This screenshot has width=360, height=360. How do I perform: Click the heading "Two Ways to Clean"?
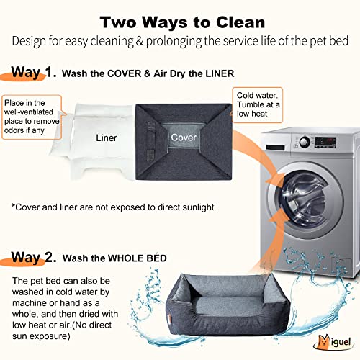pyautogui.click(x=181, y=20)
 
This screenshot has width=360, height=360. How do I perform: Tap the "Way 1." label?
pyautogui.click(x=32, y=72)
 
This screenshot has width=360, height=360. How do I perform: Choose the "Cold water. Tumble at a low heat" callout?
pyautogui.click(x=255, y=107)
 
